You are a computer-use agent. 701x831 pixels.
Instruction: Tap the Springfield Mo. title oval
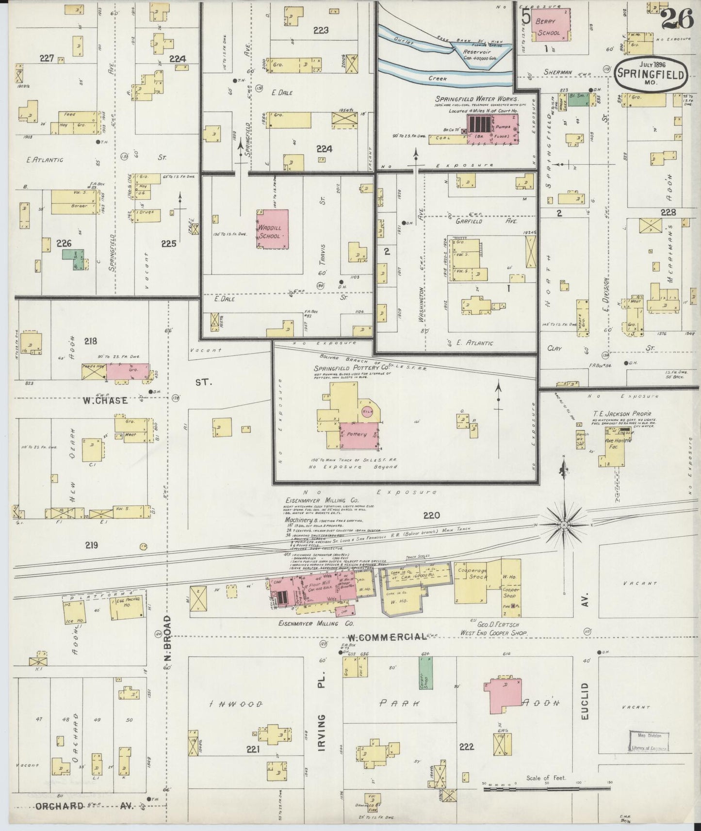[651, 75]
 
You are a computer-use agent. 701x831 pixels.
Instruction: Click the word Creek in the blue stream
[438, 78]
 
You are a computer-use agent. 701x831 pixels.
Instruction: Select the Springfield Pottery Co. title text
[352, 368]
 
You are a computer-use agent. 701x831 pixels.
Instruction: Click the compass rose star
[565, 525]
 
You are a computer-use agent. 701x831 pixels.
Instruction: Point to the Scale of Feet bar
[546, 789]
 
